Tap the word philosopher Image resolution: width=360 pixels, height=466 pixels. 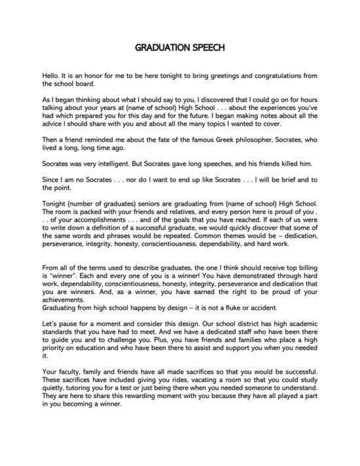click(x=248, y=148)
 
